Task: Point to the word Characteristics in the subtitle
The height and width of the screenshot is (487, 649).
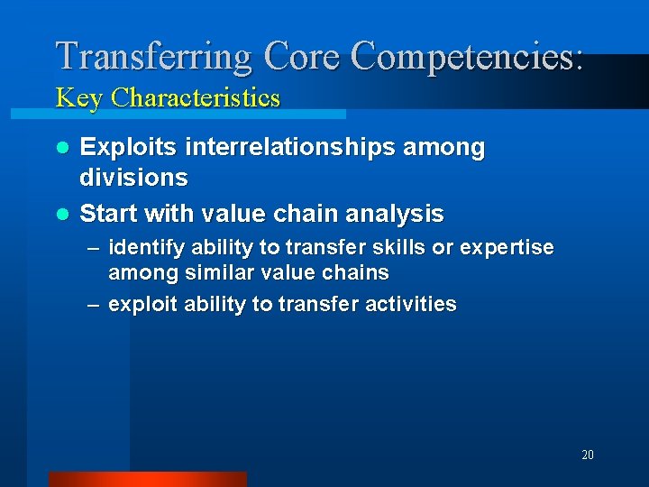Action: tap(196, 97)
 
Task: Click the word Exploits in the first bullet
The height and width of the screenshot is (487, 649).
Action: tap(129, 147)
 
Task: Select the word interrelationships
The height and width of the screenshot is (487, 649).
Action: tap(294, 147)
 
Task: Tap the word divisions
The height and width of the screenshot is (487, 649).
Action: tap(134, 178)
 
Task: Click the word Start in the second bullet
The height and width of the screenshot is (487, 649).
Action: tap(108, 214)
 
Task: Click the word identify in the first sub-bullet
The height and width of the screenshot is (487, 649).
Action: tap(142, 247)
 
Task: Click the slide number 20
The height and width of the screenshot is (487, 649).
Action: tap(587, 455)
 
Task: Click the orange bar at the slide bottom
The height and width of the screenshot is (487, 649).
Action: tap(147, 479)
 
